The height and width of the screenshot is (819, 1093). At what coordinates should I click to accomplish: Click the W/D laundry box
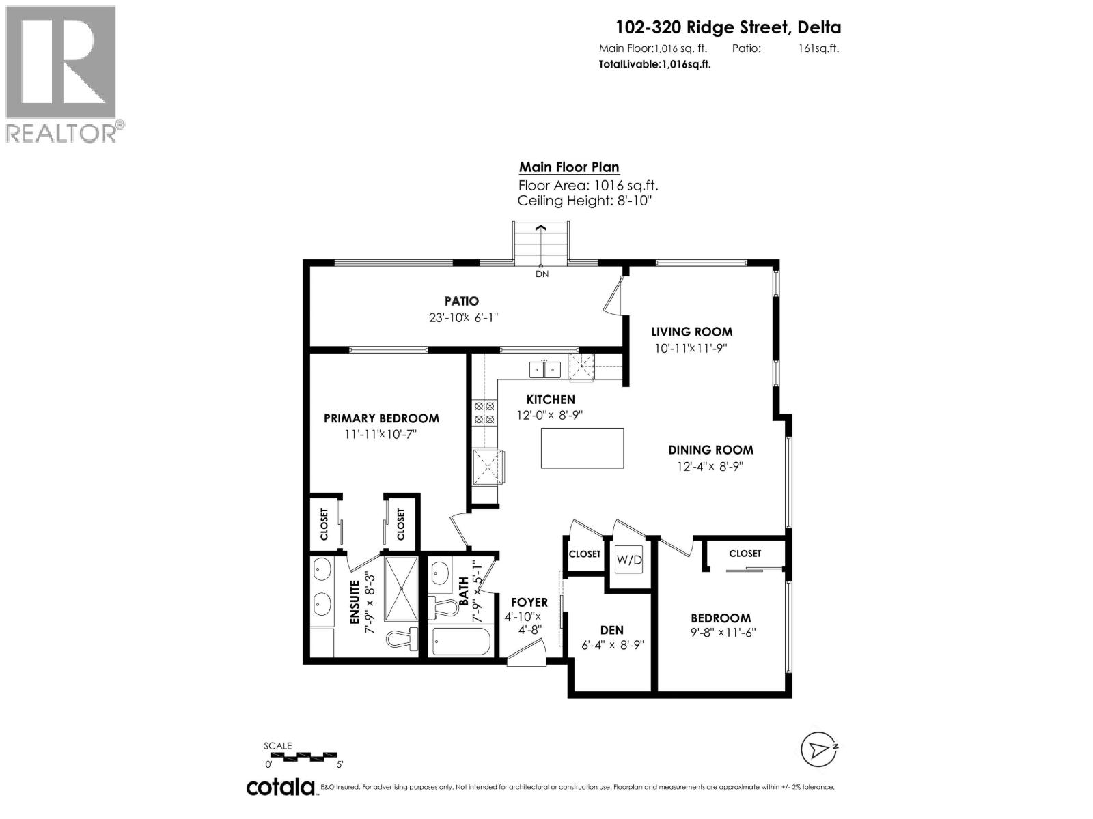tap(629, 560)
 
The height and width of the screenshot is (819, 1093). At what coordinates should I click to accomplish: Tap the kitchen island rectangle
tap(582, 448)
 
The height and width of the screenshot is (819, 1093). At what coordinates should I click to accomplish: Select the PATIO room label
tap(462, 300)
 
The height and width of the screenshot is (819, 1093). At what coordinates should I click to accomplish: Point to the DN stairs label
tap(542, 274)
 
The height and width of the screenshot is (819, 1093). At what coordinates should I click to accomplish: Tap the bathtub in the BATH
tap(462, 642)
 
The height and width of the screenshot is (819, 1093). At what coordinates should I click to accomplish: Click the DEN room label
tap(611, 630)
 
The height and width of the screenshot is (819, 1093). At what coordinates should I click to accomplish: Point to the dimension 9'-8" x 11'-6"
tap(723, 632)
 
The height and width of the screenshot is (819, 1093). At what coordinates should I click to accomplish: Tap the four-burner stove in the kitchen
tap(484, 413)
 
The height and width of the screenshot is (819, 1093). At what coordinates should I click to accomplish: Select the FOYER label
tap(529, 602)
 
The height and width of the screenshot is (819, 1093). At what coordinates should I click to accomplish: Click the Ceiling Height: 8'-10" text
tap(585, 201)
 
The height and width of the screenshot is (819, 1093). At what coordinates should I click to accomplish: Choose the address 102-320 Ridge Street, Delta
tap(728, 27)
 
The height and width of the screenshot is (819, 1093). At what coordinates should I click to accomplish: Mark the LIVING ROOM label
tap(691, 332)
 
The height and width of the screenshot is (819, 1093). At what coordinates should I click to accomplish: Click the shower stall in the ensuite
tap(401, 588)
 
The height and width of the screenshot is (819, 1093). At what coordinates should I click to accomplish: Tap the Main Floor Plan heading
tap(569, 167)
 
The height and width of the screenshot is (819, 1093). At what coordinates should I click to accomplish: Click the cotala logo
tap(280, 787)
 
